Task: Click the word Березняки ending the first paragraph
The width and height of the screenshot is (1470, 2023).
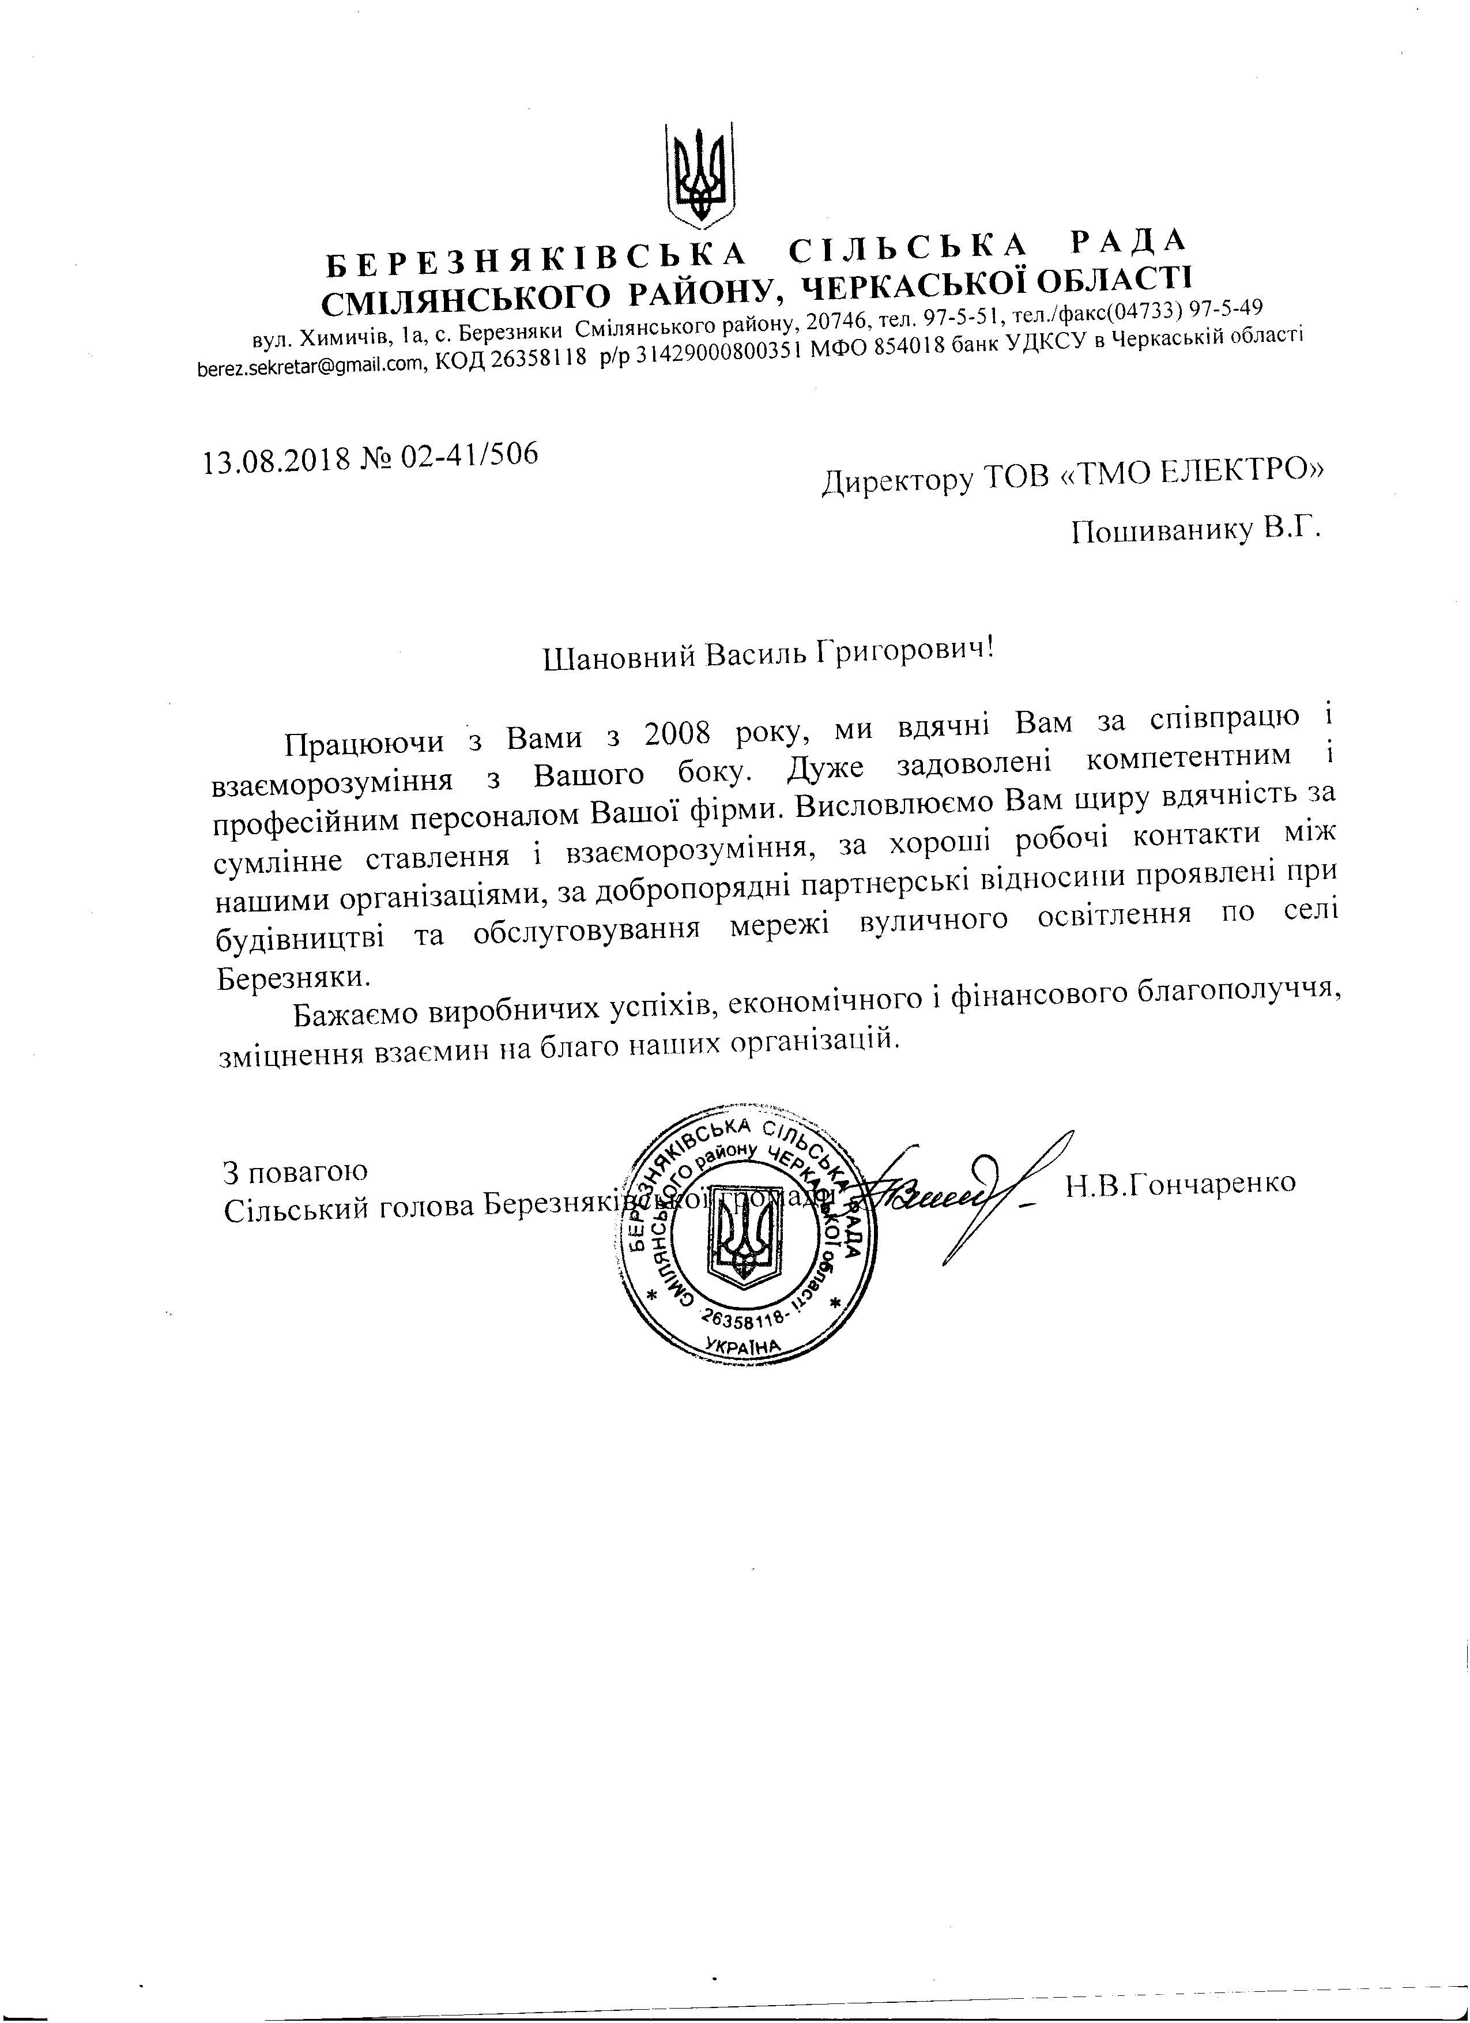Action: click(x=291, y=975)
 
